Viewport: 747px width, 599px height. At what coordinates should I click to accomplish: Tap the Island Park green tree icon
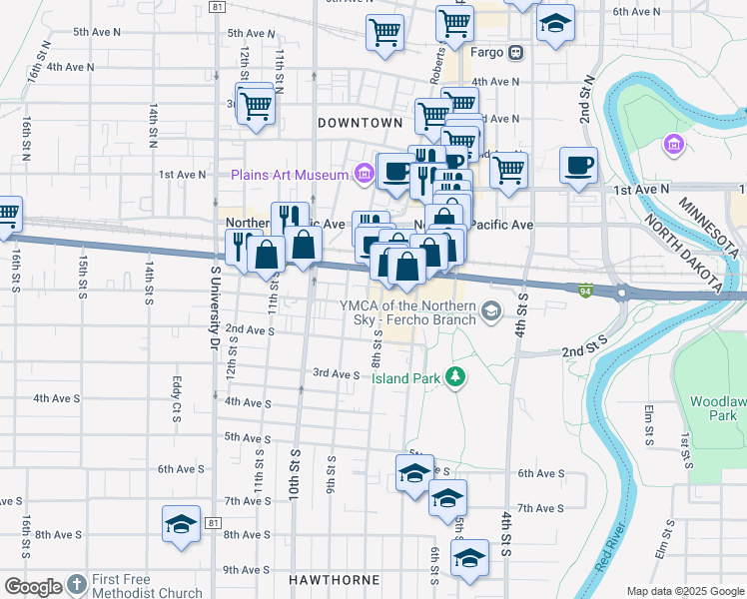455,376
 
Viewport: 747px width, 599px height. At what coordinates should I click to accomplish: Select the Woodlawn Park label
716,407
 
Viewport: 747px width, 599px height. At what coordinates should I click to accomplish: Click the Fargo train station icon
516,52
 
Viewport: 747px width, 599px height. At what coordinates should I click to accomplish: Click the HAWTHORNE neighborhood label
334,580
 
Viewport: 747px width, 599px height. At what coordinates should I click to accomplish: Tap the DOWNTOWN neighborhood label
360,123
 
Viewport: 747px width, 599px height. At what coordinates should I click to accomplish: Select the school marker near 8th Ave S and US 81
181,524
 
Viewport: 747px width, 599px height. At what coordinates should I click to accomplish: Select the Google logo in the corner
33,587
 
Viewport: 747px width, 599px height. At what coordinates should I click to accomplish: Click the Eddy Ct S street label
176,397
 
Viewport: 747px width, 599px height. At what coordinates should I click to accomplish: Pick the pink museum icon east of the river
674,146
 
